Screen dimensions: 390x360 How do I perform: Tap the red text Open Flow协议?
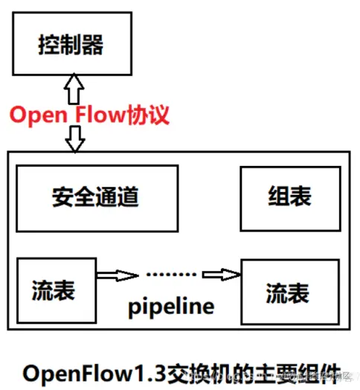pyautogui.click(x=90, y=115)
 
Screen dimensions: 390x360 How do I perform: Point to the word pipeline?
pyautogui.click(x=170, y=305)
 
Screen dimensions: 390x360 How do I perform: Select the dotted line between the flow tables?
pyautogui.click(x=170, y=273)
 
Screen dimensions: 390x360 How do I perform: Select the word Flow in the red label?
pyautogui.click(x=100, y=115)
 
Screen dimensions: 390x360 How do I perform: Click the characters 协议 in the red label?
pyautogui.click(x=150, y=115)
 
